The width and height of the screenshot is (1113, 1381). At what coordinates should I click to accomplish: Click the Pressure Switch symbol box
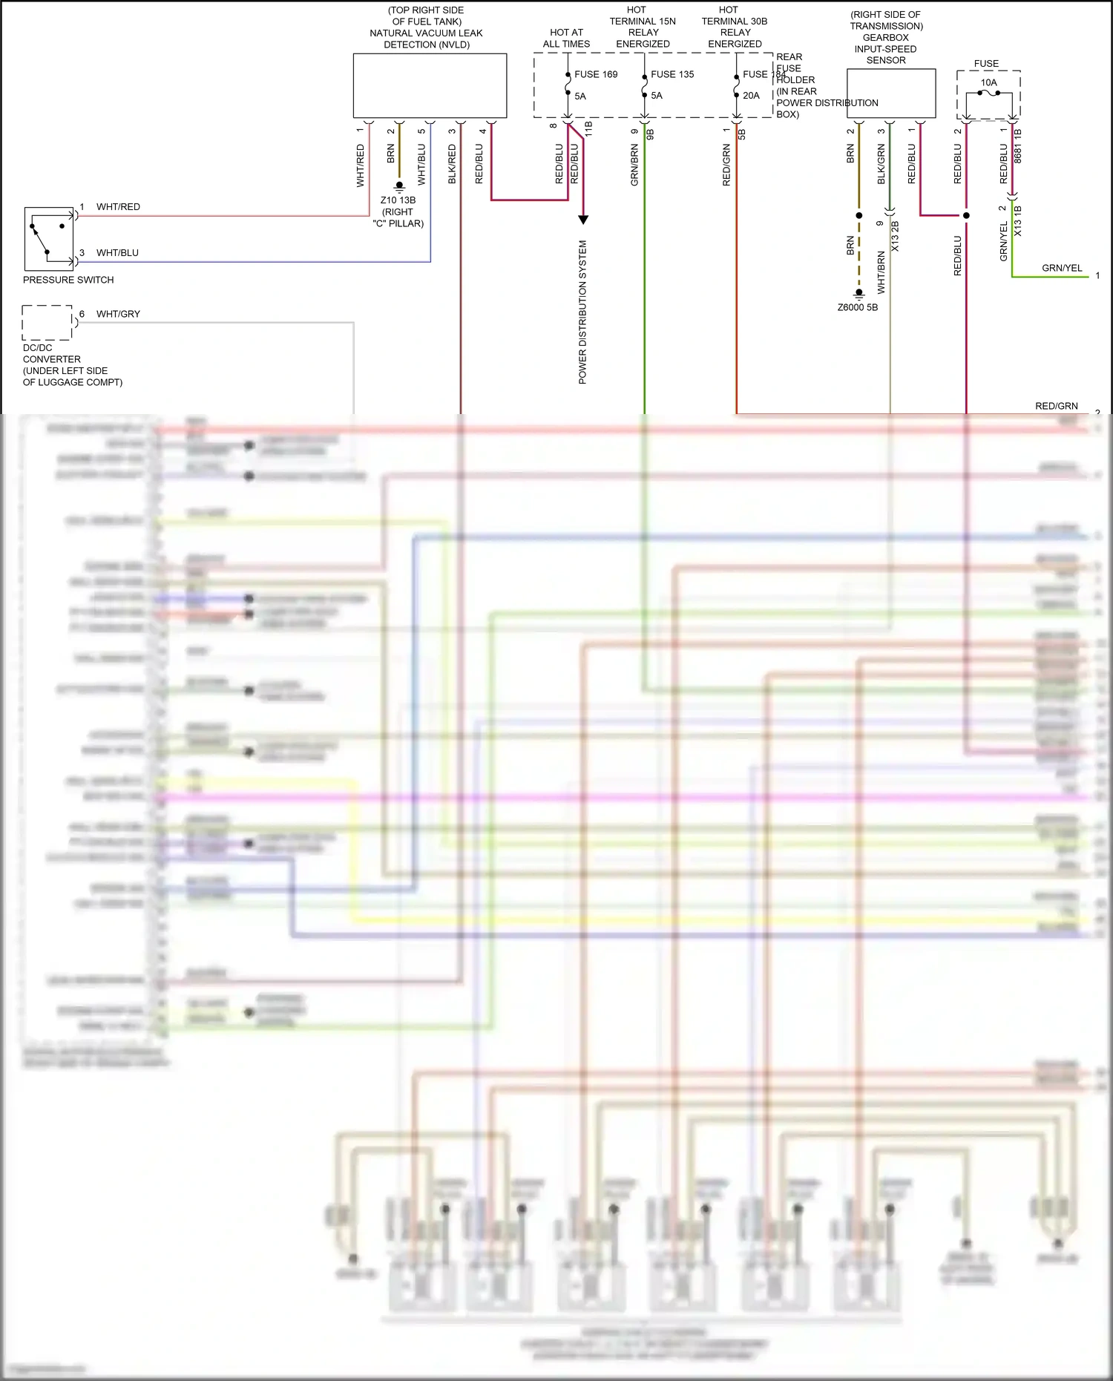click(49, 239)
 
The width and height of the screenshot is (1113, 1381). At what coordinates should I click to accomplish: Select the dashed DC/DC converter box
click(47, 323)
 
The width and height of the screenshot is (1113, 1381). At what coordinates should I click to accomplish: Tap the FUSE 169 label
click(595, 74)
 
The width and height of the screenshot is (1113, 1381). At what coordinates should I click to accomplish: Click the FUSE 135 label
click(672, 74)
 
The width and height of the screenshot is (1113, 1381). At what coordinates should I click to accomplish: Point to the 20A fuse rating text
click(751, 96)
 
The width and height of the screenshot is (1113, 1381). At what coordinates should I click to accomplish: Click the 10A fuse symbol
click(988, 94)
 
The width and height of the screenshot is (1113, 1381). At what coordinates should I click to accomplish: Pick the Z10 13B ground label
click(398, 200)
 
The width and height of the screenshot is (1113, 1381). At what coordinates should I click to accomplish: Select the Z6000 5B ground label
click(857, 307)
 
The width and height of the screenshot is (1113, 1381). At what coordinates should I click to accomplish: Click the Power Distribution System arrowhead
click(583, 220)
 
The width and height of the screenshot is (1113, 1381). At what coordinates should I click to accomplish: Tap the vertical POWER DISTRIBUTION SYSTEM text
click(582, 312)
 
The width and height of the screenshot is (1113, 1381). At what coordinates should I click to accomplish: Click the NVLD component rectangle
click(430, 85)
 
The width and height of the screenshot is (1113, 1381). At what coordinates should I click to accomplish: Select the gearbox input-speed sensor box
click(890, 94)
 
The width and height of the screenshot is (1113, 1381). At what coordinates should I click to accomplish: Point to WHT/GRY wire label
click(118, 314)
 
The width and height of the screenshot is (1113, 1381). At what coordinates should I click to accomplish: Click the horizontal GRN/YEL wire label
click(1061, 268)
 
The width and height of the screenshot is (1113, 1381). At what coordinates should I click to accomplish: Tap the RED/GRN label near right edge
click(1056, 406)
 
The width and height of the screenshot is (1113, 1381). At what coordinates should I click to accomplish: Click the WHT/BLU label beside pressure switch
click(117, 253)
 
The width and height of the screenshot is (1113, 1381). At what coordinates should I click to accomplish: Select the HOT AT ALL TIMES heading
click(566, 38)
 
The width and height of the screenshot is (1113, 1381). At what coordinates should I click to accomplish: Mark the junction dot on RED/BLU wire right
click(966, 215)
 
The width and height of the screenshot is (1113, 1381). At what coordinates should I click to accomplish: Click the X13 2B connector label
click(895, 236)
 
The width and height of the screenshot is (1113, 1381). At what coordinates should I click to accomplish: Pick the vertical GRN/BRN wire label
click(634, 165)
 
